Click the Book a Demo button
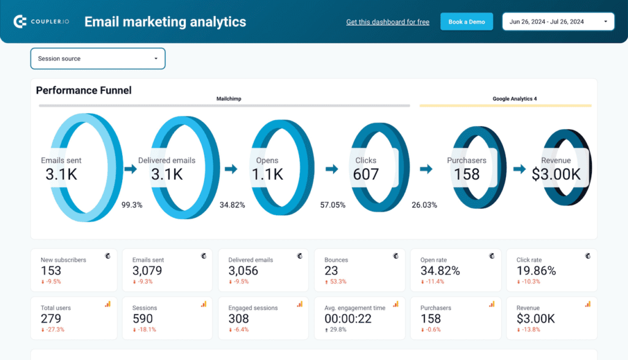coord(466,22)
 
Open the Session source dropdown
coord(98,59)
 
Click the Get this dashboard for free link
coord(388,22)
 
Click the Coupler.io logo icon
coord(20,22)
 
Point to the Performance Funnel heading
coord(83,91)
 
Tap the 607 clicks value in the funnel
coord(366,174)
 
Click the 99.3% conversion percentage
coord(132,205)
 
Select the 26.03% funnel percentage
coord(424,205)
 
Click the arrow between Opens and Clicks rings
coord(332,169)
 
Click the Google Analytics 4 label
coord(515,99)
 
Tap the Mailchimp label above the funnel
coord(229,99)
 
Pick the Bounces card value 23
coord(331,270)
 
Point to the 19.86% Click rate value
coord(536,270)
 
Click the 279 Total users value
coord(51,318)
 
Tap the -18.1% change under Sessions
coord(145,329)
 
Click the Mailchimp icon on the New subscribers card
coord(108,255)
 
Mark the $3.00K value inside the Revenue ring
coord(556,174)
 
